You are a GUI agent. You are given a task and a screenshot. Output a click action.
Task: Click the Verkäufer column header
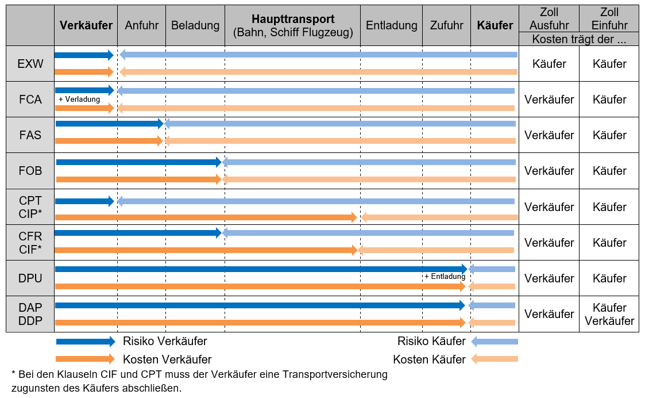click(86, 25)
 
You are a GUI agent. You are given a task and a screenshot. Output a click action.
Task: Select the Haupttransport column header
click(293, 26)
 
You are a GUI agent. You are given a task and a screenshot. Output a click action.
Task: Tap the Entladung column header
click(391, 25)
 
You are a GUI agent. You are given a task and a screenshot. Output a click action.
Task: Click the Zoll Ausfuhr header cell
click(549, 18)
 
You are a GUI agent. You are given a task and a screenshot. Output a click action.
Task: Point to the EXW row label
click(30, 64)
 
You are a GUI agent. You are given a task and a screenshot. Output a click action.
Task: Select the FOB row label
click(30, 171)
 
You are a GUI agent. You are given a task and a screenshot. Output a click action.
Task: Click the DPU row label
click(30, 278)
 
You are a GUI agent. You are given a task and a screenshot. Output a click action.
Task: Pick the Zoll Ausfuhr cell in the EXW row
click(549, 64)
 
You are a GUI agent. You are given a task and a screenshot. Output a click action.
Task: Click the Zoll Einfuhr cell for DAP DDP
click(609, 314)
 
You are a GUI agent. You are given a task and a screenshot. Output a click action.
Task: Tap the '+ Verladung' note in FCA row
click(79, 99)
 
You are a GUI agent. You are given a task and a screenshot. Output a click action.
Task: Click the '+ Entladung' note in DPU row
click(445, 276)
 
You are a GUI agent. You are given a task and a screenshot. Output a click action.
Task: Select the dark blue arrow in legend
click(85, 342)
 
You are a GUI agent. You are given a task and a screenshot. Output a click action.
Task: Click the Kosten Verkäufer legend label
click(167, 359)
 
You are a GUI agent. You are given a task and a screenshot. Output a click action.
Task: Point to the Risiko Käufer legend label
click(431, 342)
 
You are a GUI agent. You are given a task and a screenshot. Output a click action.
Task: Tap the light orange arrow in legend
click(494, 359)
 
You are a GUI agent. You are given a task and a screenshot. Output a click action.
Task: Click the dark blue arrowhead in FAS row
click(161, 123)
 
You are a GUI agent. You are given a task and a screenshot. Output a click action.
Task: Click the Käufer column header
click(495, 25)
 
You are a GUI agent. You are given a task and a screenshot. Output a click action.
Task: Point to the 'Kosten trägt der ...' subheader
click(578, 39)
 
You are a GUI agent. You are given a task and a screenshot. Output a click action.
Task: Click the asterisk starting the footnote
click(14, 374)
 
